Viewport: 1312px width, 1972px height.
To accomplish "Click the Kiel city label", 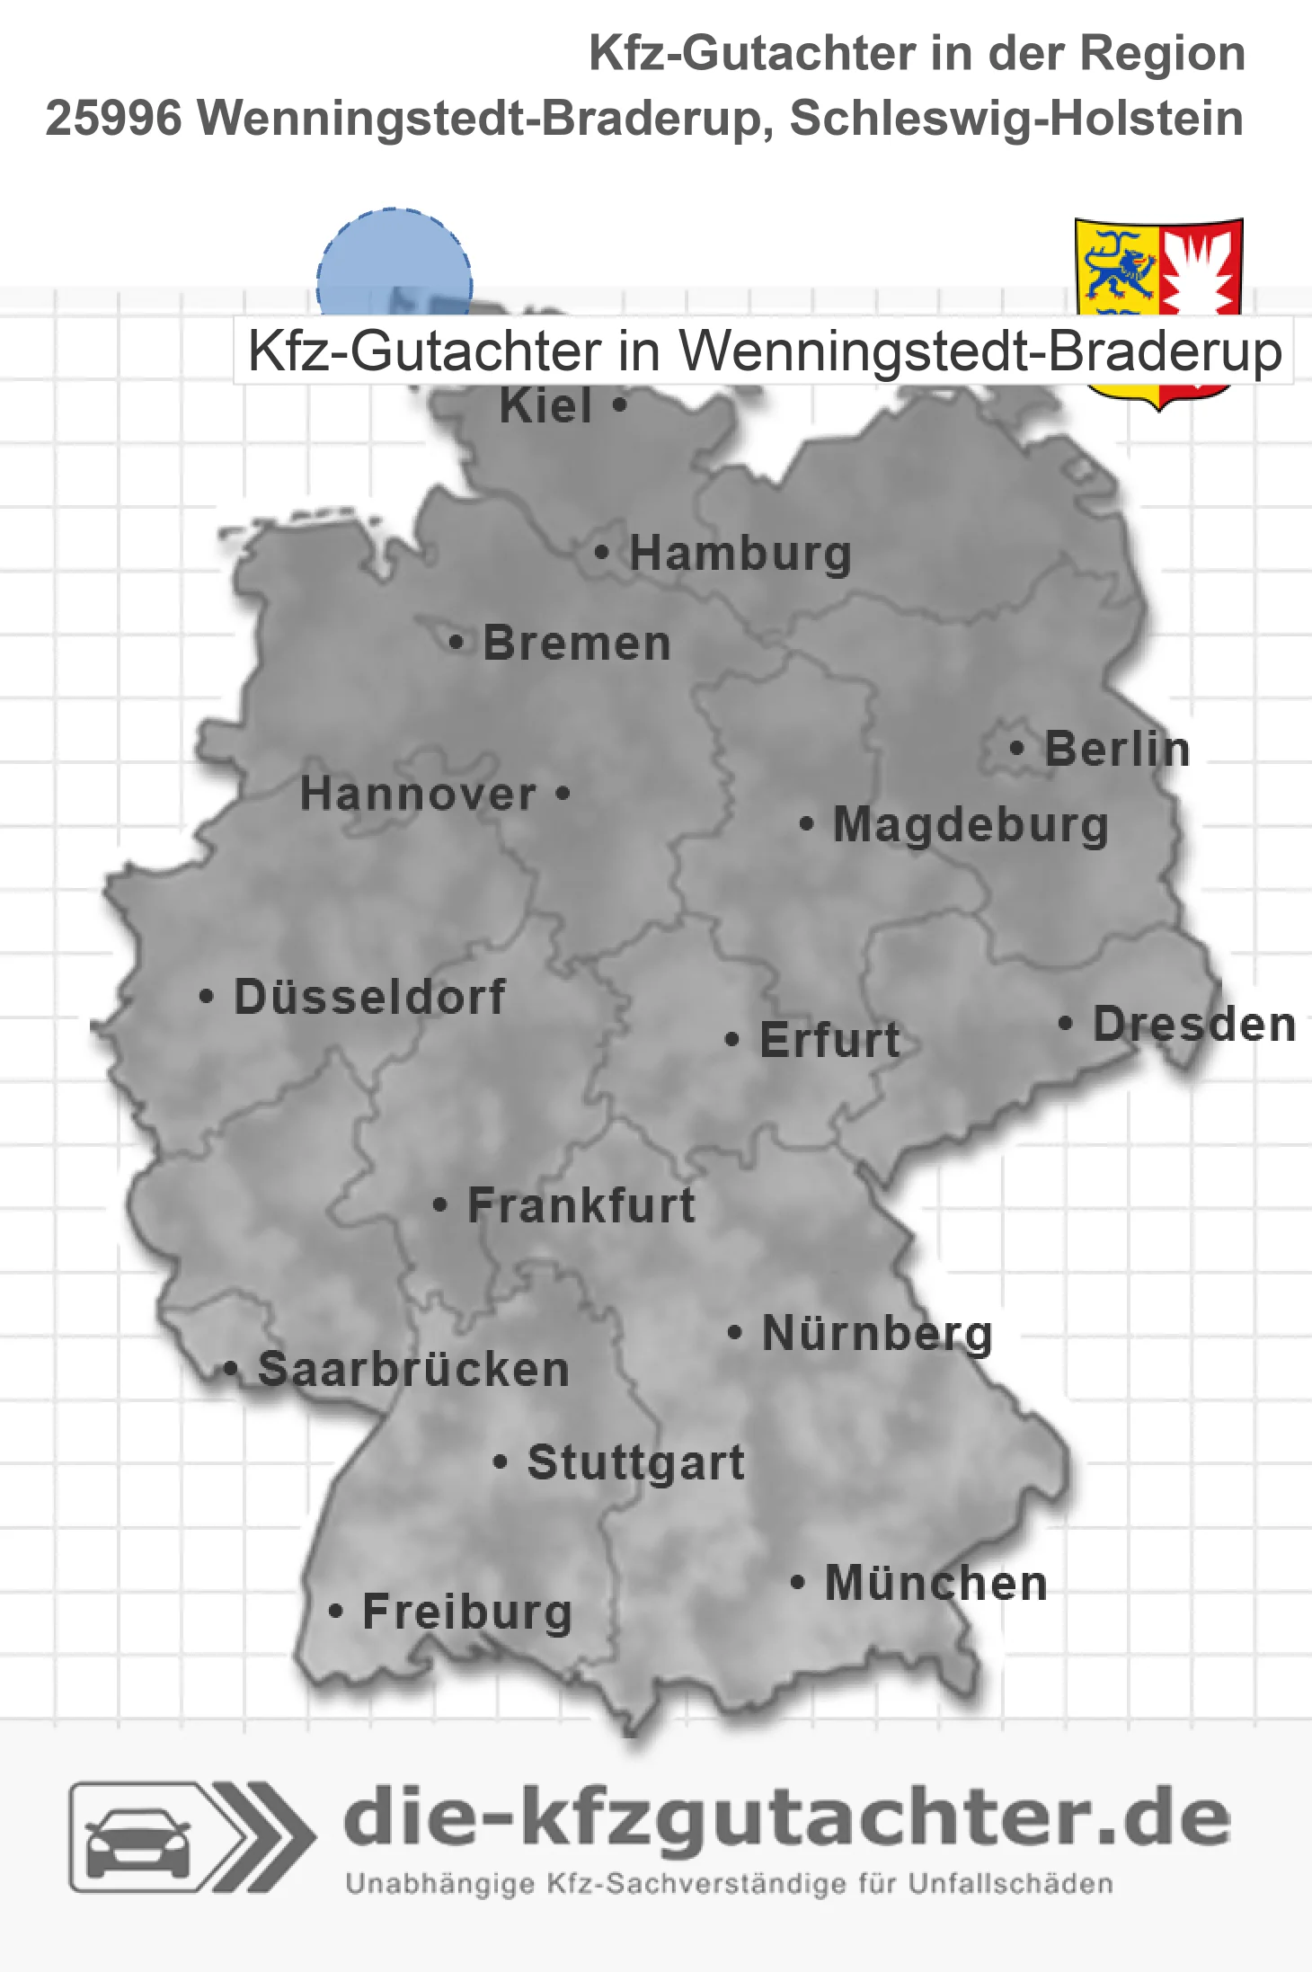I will click(x=545, y=406).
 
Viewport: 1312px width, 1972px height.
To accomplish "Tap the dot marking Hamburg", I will click(x=601, y=552).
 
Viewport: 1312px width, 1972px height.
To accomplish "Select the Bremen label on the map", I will click(x=577, y=644).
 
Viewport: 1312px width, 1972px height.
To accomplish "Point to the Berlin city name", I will click(x=1117, y=749).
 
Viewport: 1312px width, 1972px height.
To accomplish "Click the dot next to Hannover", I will click(x=563, y=793).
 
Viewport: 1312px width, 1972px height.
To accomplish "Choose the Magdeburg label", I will click(x=971, y=824).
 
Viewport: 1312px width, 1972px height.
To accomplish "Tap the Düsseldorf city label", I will click(x=369, y=997).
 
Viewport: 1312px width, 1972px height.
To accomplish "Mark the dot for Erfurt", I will click(x=731, y=1040).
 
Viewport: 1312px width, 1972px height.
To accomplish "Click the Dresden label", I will click(x=1194, y=1025).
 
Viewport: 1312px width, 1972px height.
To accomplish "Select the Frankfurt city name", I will click(x=581, y=1205).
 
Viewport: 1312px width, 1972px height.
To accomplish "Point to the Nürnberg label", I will click(x=877, y=1333).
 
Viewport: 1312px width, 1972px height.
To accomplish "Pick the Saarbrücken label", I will click(x=413, y=1370).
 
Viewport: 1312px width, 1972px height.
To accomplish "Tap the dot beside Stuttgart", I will click(x=501, y=1461).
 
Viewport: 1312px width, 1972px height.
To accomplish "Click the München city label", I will click(x=936, y=1583).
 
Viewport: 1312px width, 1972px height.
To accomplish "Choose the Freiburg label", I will click(x=467, y=1612).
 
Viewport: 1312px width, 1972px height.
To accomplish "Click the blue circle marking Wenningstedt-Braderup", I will click(x=394, y=265).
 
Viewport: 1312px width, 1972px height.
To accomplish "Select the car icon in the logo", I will click(x=137, y=1843).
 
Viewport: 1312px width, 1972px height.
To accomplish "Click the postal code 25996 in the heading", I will click(x=114, y=119).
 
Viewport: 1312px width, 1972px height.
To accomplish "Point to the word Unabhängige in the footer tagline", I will click(x=439, y=1884).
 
